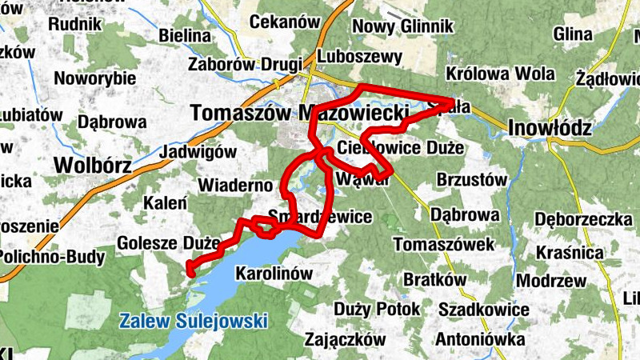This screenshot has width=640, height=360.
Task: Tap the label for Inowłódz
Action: click(x=550, y=128)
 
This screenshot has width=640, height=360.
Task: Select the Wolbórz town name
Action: click(x=92, y=165)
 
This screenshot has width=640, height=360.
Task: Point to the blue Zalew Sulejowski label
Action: click(x=193, y=322)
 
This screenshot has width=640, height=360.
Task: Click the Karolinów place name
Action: click(x=274, y=274)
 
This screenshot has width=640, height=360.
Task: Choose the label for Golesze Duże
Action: click(x=168, y=242)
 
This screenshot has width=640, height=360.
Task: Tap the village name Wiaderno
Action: click(x=236, y=186)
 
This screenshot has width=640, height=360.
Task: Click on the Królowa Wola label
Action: click(x=501, y=74)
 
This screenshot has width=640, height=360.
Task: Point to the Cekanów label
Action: click(x=285, y=22)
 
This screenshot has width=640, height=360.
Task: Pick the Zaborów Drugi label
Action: click(x=245, y=64)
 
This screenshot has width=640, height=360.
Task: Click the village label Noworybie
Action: click(x=95, y=79)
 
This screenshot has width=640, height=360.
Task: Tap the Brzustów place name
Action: click(x=473, y=181)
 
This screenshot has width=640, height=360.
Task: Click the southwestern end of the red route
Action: click(x=190, y=273)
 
